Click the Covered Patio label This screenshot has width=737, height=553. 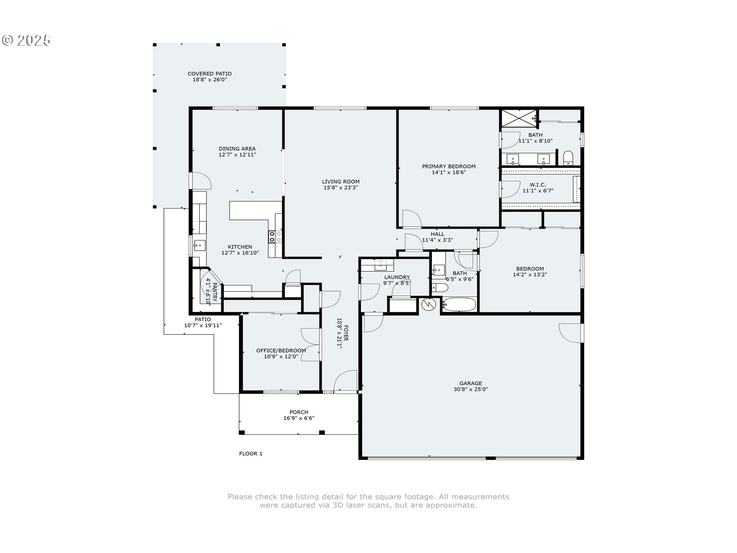coord(210,74)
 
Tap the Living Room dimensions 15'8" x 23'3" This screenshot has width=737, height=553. coord(341,188)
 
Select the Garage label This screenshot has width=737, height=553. coord(471,383)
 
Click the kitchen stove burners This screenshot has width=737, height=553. coord(275,237)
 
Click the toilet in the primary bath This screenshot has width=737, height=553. coord(568,158)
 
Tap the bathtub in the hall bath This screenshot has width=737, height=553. coord(459,305)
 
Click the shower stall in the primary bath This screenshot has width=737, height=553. coord(519,118)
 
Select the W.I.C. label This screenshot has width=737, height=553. coord(537,185)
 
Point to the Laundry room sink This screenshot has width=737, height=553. coord(380,265)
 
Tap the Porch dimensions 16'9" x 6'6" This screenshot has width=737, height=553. coord(299,418)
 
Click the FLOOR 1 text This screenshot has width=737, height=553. coord(251,454)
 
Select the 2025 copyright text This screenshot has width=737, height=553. coord(26,40)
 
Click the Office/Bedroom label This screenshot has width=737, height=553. coord(281,351)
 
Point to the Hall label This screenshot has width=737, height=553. coord(437,234)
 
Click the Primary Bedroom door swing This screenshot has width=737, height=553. coord(411,219)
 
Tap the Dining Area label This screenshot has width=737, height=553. coord(237,149)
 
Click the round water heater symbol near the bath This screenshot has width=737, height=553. coord(428,305)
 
